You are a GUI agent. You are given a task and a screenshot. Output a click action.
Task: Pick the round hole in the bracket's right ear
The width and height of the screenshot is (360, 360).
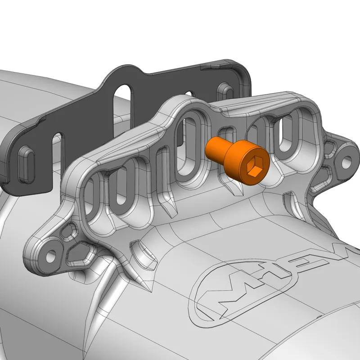click(347, 160)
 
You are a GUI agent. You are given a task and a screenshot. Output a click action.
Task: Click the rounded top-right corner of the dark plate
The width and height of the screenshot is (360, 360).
click(243, 67)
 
